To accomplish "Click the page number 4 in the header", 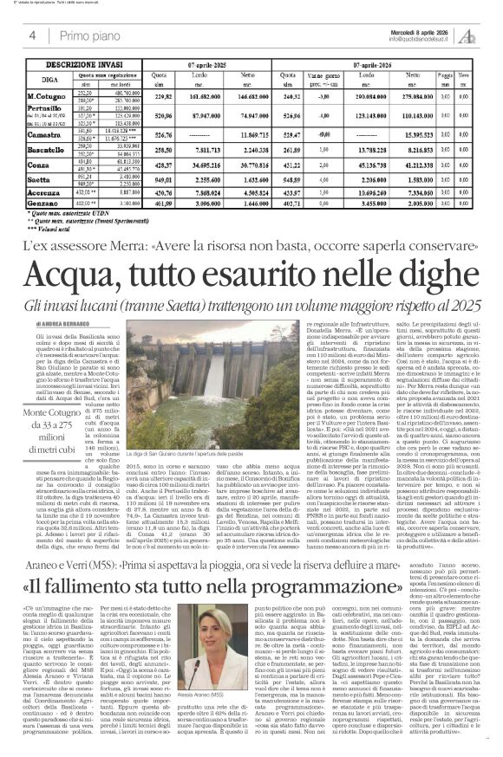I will point(33,36).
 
